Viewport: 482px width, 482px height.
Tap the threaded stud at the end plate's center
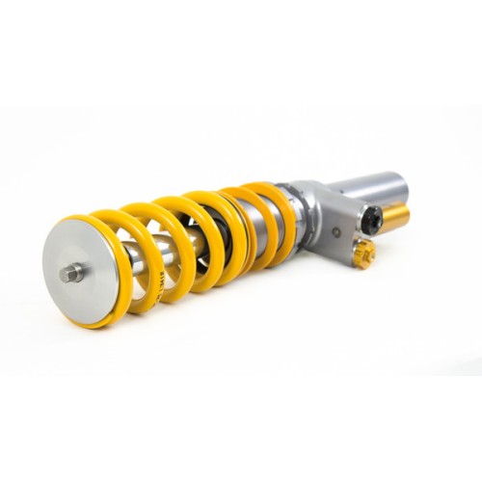pyautogui.click(x=70, y=273)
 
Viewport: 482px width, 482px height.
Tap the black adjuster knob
pyautogui.click(x=370, y=221)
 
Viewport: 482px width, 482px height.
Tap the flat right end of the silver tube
pyautogui.click(x=399, y=183)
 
